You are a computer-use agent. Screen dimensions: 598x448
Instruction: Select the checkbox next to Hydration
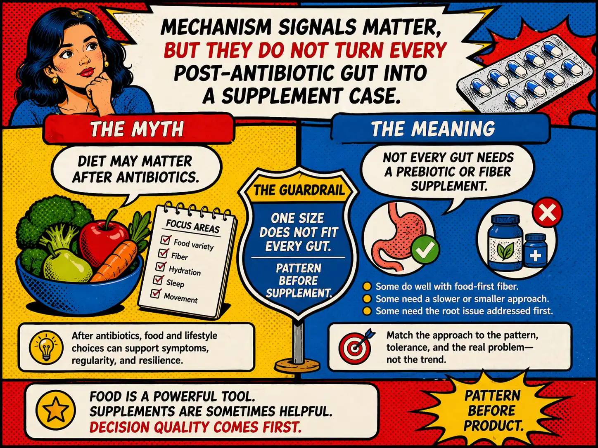click(161, 266)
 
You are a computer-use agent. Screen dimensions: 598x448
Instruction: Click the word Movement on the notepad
click(180, 298)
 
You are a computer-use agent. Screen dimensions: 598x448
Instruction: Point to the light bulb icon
click(46, 348)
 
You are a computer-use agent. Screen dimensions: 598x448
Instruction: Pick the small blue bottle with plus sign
click(536, 251)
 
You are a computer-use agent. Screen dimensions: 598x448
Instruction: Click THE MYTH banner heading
click(137, 129)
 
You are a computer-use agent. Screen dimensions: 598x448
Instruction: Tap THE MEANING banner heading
click(433, 129)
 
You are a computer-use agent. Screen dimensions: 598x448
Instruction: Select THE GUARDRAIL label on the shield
click(299, 190)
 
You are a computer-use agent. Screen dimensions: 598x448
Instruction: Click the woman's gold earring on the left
click(55, 80)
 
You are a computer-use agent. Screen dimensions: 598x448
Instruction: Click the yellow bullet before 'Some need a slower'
click(367, 299)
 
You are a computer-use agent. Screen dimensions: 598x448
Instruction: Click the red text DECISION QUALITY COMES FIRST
click(196, 427)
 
